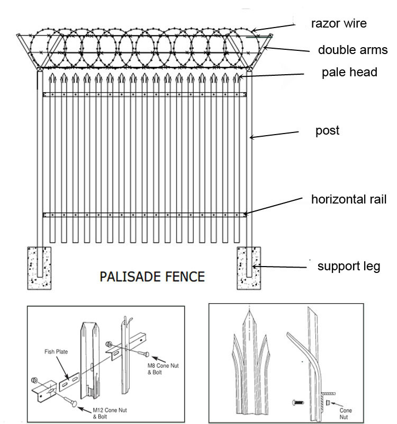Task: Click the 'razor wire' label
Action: (339, 23)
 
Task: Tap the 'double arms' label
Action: (353, 50)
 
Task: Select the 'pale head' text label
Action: (349, 73)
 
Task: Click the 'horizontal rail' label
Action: (349, 200)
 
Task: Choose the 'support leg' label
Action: (348, 266)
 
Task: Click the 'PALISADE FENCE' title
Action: (152, 276)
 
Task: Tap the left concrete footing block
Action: (39, 268)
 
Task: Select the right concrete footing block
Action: (249, 268)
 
